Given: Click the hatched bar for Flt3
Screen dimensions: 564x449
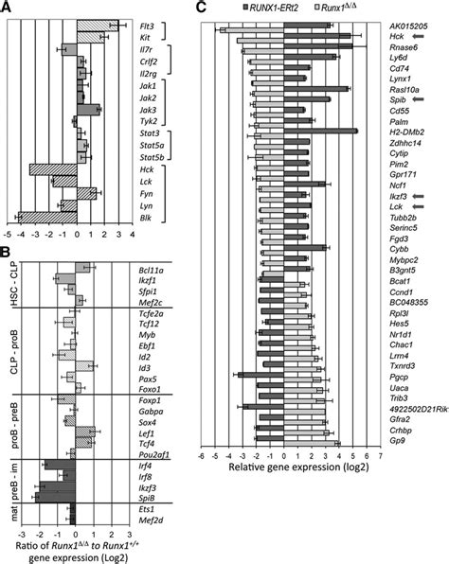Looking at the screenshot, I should click(98, 22).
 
